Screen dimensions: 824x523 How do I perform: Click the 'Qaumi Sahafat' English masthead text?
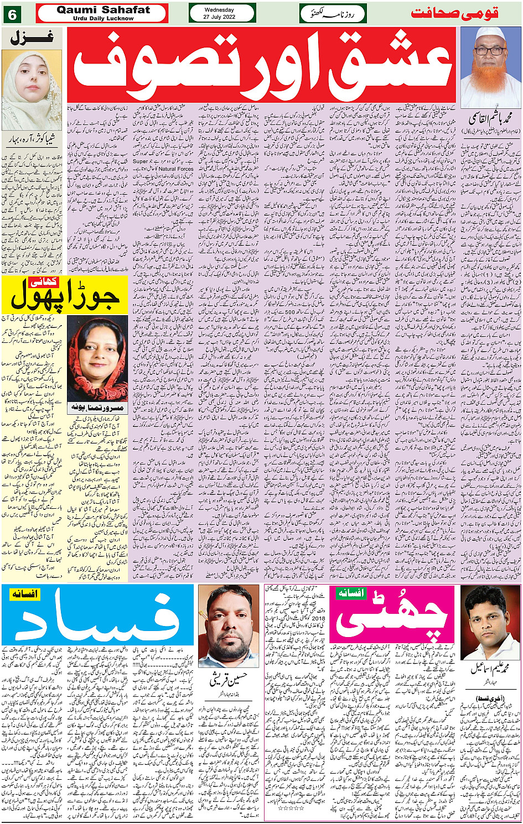click(x=103, y=10)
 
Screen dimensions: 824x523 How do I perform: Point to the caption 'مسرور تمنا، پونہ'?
click(x=97, y=408)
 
